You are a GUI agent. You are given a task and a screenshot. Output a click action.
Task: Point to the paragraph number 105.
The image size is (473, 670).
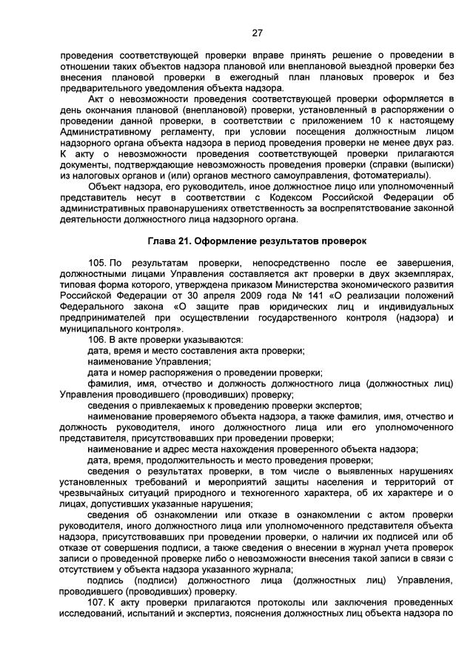(x=97, y=263)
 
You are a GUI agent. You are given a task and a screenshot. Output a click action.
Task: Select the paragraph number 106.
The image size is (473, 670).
(x=97, y=339)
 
